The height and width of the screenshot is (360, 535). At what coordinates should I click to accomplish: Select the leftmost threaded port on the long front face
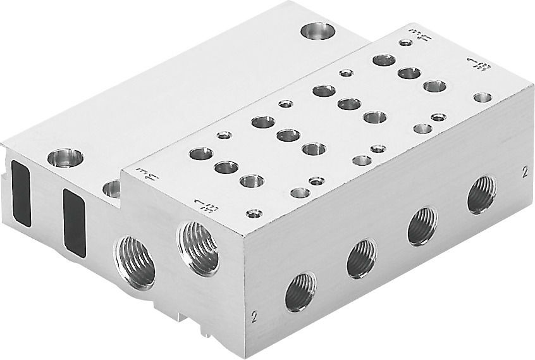[x=300, y=292]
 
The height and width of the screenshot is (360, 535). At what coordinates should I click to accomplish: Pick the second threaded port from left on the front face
[x=361, y=258]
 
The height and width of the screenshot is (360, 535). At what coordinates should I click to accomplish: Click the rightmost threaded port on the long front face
[x=481, y=194]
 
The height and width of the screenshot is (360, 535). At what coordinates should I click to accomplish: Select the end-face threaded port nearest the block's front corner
[x=199, y=248]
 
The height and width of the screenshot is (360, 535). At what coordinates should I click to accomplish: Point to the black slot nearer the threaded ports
[x=74, y=222]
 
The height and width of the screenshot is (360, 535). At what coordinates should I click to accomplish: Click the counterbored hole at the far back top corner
[x=317, y=30]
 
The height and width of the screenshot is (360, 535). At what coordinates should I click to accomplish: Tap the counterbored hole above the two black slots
[x=65, y=158]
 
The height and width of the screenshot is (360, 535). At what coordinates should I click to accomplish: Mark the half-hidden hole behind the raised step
[x=112, y=188]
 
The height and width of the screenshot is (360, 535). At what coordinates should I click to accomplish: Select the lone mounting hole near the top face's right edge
[x=483, y=97]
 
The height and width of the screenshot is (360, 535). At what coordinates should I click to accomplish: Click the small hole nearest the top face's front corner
[x=254, y=214]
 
